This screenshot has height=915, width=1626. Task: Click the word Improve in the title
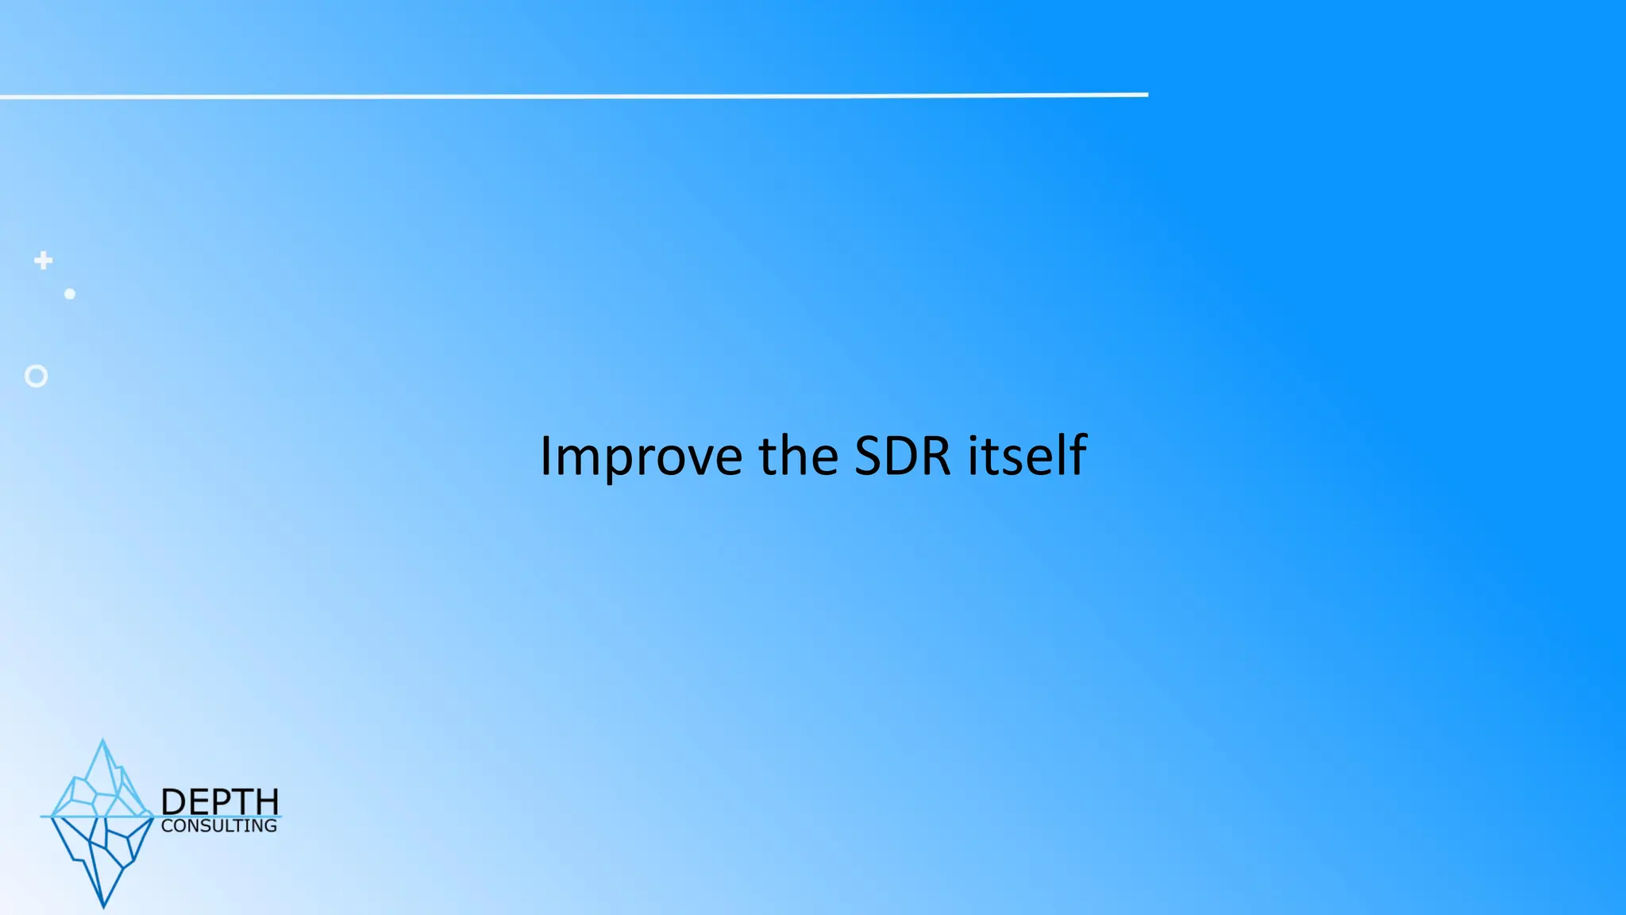641,457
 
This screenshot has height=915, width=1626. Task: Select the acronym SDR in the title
902,456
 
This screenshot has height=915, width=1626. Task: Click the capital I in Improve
545,456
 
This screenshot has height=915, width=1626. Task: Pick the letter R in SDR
937,456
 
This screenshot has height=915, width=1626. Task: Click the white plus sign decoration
44,261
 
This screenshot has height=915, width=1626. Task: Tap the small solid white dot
70,294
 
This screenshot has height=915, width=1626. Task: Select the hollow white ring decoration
36,376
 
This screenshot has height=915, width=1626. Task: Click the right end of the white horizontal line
1146,95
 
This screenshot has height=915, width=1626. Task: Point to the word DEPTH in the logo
220,801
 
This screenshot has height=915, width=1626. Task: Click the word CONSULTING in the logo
219,826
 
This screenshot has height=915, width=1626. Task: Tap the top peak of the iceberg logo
102,741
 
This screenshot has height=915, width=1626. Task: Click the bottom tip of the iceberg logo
103,905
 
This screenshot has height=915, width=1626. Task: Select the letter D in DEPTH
173,801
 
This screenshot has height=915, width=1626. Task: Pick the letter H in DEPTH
267,801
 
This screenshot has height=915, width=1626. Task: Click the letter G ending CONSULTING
270,826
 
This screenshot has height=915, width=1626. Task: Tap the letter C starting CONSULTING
167,826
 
